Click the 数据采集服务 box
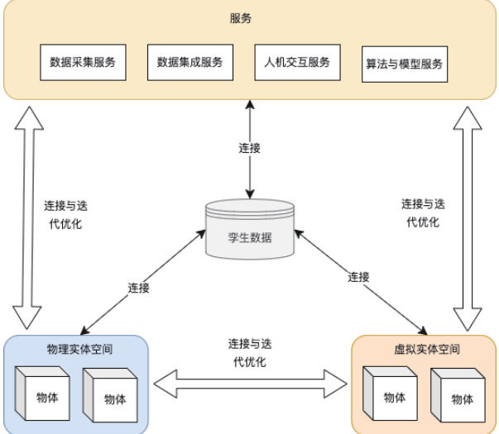click(82, 62)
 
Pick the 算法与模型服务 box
click(405, 64)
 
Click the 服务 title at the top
click(249, 17)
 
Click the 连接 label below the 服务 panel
click(249, 148)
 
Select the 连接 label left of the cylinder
click(138, 288)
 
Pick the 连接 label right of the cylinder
click(358, 276)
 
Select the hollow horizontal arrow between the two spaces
click(251, 383)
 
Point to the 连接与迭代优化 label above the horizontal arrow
click(249, 351)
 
